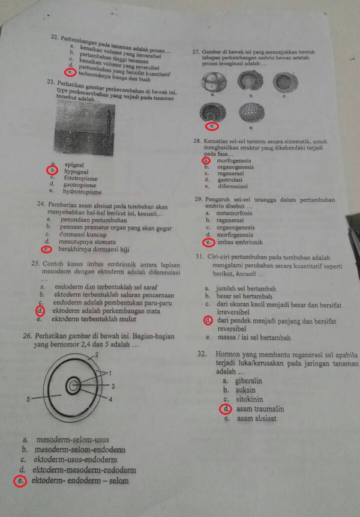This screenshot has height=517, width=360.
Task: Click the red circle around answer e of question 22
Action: tap(72, 73)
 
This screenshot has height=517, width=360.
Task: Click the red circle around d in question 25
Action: tap(40, 311)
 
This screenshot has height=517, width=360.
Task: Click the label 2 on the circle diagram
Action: tap(97, 356)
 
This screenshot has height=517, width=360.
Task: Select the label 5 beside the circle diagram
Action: tap(28, 399)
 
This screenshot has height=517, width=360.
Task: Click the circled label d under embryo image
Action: tap(211, 127)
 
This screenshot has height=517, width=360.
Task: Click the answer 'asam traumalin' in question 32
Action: tap(260, 409)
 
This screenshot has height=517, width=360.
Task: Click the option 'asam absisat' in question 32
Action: tap(256, 419)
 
